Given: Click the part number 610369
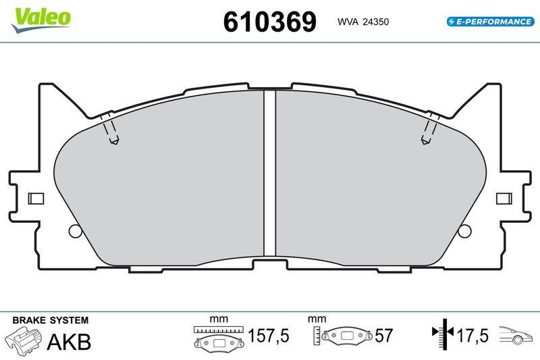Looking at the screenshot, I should (x=269, y=22).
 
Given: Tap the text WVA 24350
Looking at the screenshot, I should (x=363, y=22).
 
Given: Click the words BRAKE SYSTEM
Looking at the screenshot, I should (x=49, y=320).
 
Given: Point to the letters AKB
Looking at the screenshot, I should (x=68, y=342).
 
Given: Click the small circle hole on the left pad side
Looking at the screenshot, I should (x=75, y=231).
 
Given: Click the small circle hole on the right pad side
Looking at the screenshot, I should (x=464, y=231).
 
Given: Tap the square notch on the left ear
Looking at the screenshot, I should (x=36, y=199).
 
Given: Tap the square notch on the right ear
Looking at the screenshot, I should (x=503, y=199).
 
